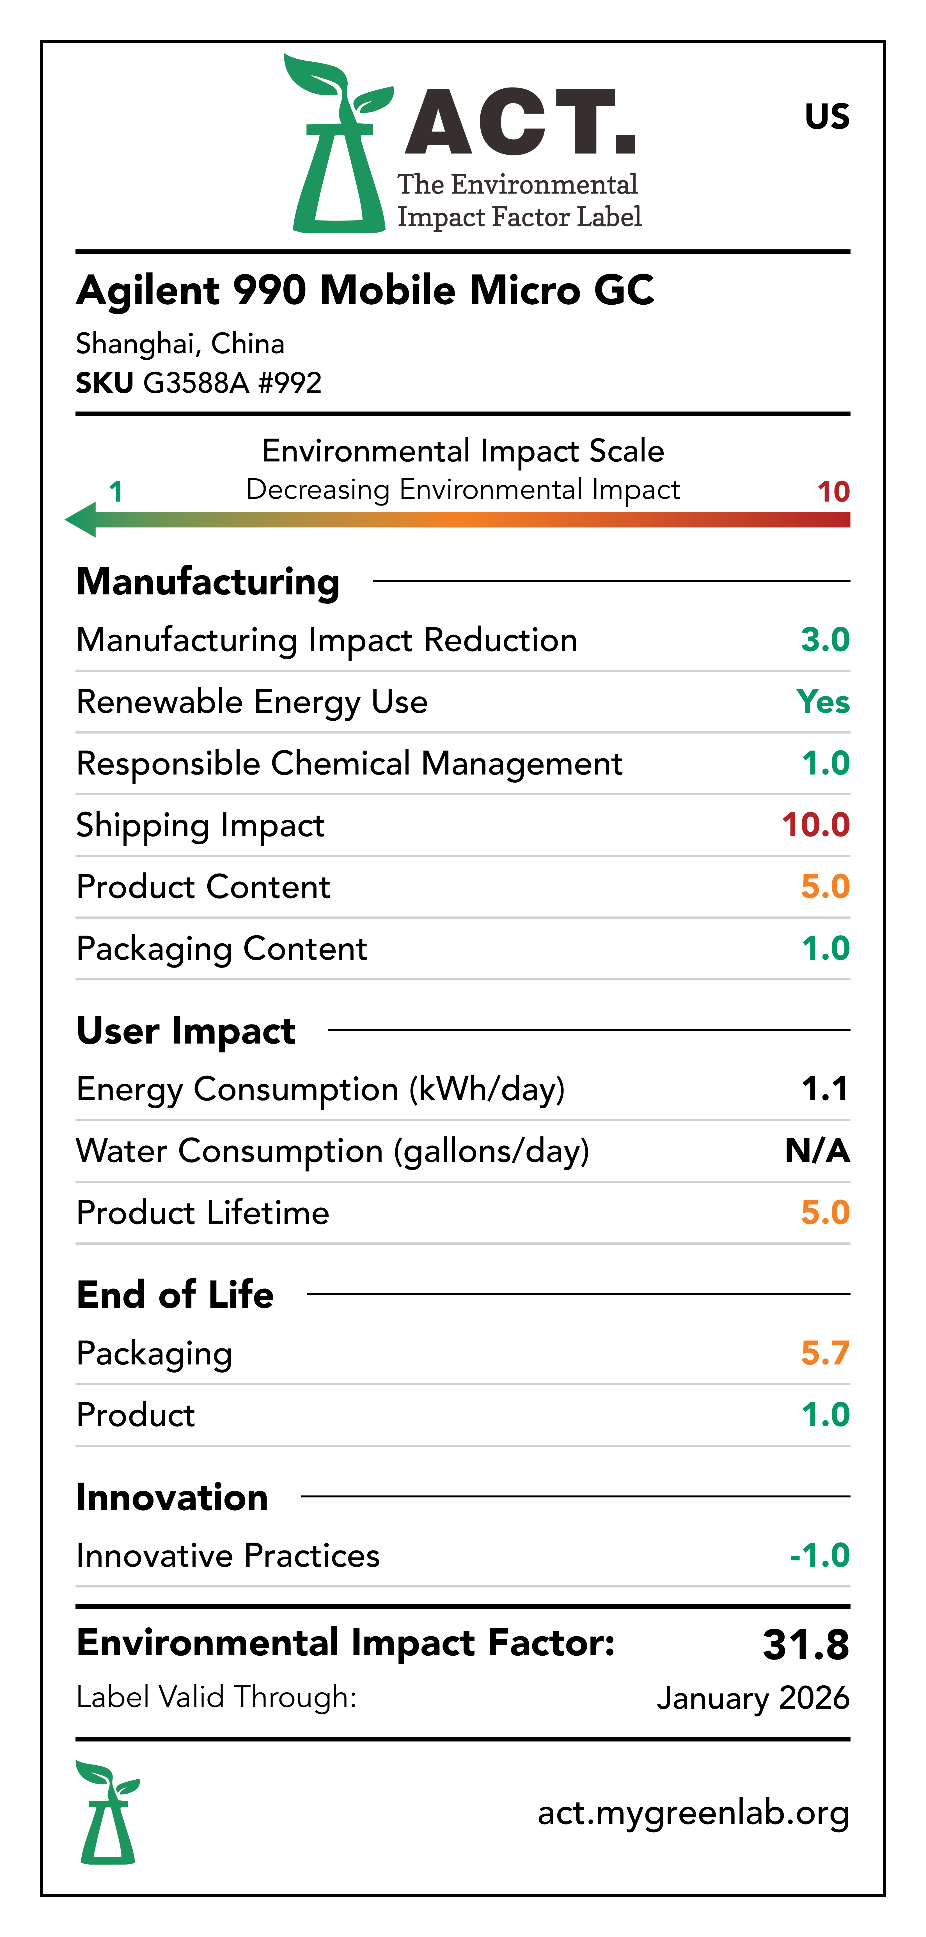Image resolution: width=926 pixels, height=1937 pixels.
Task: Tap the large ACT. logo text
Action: pos(519,123)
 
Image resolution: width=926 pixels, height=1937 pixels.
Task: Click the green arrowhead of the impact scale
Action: pos(81,520)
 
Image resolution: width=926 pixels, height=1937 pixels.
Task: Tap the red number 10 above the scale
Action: pos(833,492)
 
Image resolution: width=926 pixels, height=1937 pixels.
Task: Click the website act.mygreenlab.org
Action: pos(693,1813)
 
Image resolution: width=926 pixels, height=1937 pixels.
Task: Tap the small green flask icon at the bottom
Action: pos(107,1812)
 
